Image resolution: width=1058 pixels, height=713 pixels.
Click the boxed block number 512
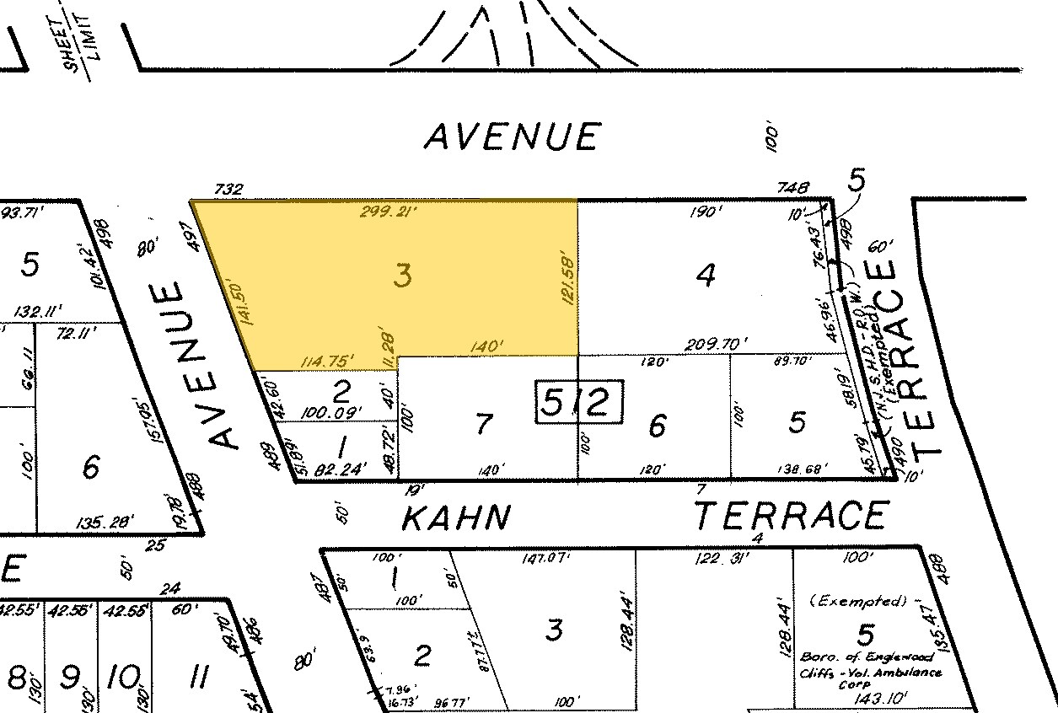point(580,403)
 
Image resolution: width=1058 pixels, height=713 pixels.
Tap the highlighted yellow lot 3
point(404,276)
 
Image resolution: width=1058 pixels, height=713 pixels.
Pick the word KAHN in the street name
point(455,517)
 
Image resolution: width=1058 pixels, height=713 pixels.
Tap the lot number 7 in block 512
point(482,423)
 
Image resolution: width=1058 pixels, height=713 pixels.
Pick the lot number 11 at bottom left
point(199,676)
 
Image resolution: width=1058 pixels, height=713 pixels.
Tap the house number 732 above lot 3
point(228,190)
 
